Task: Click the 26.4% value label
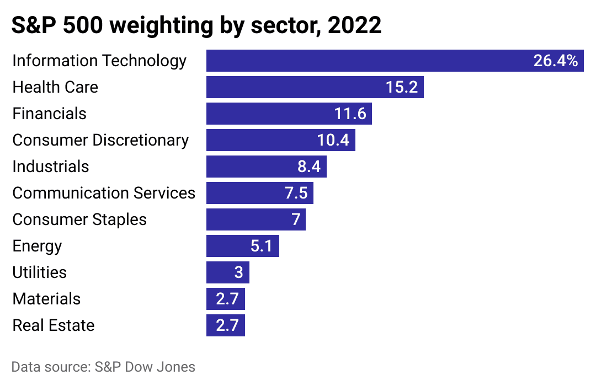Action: pyautogui.click(x=555, y=61)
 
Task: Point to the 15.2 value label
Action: pyautogui.click(x=401, y=87)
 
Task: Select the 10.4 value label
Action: pyautogui.click(x=333, y=140)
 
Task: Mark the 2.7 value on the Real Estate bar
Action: pyautogui.click(x=227, y=325)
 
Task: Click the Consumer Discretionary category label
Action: pyautogui.click(x=100, y=140)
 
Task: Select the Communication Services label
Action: pyautogui.click(x=104, y=193)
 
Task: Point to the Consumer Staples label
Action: pyautogui.click(x=79, y=219)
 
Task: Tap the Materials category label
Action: pyautogui.click(x=46, y=299)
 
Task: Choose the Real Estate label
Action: pyautogui.click(x=54, y=325)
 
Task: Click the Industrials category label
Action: pyautogui.click(x=51, y=167)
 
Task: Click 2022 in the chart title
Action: pyautogui.click(x=354, y=26)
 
